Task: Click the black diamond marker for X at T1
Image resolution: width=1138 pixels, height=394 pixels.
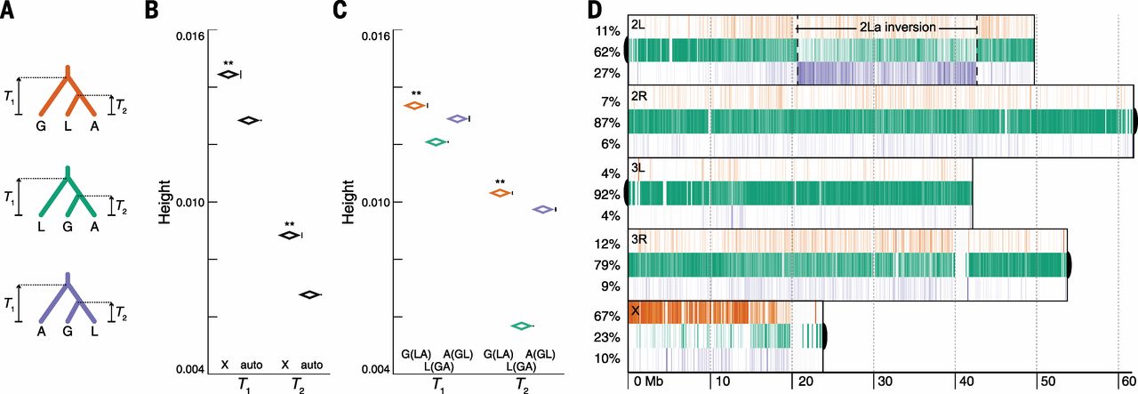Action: [x=228, y=74]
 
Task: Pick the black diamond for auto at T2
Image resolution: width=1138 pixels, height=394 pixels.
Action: [x=309, y=294]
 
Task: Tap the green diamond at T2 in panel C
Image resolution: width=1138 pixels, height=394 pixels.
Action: [x=521, y=326]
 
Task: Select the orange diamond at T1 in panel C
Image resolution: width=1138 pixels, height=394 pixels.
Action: [x=413, y=105]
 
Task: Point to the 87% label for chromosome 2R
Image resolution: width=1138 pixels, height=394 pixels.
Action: [x=608, y=123]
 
